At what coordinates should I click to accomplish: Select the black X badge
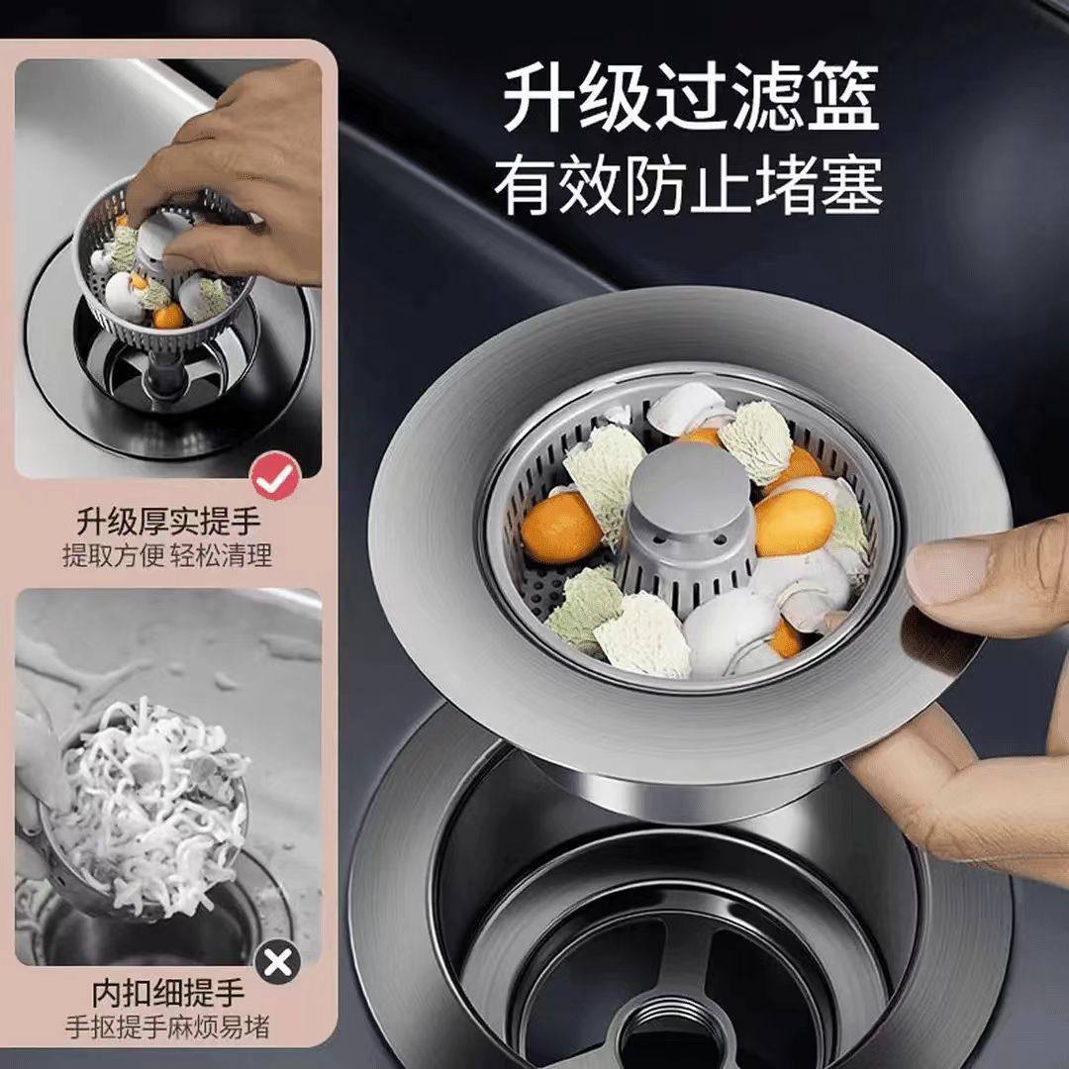(x=278, y=961)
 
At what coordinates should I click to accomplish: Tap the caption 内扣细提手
(x=168, y=992)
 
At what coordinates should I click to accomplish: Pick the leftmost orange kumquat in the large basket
(x=560, y=528)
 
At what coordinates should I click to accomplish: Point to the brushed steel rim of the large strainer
(x=436, y=554)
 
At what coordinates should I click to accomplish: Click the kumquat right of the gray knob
(x=794, y=522)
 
